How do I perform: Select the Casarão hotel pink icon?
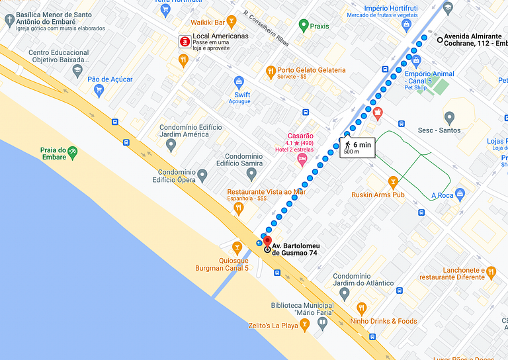click(302, 159)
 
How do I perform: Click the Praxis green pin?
click(303, 26)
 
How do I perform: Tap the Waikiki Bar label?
click(207, 22)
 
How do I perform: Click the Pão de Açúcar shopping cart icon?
click(99, 90)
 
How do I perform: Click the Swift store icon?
click(239, 82)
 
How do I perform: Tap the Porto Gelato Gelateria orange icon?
click(270, 70)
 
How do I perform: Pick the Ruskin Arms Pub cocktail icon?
click(393, 181)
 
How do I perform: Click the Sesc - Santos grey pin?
click(449, 117)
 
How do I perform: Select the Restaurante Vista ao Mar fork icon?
click(239, 208)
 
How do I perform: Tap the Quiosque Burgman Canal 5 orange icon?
click(237, 247)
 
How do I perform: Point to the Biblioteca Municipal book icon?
click(322, 324)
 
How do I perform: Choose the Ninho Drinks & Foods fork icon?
click(361, 308)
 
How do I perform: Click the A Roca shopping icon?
click(460, 194)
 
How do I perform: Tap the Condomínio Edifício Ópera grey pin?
click(202, 175)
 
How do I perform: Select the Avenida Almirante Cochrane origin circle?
click(440, 40)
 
